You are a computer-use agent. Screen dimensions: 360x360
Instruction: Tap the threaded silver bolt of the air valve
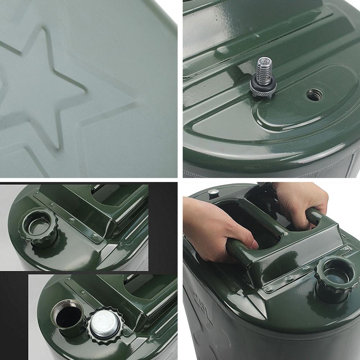(264, 70)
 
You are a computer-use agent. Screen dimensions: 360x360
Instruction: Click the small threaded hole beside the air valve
(314, 95)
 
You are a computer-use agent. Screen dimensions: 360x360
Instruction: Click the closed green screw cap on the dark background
(38, 227)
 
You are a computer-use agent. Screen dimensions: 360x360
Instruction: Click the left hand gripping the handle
(216, 230)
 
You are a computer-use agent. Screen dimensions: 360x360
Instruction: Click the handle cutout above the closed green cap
(108, 194)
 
